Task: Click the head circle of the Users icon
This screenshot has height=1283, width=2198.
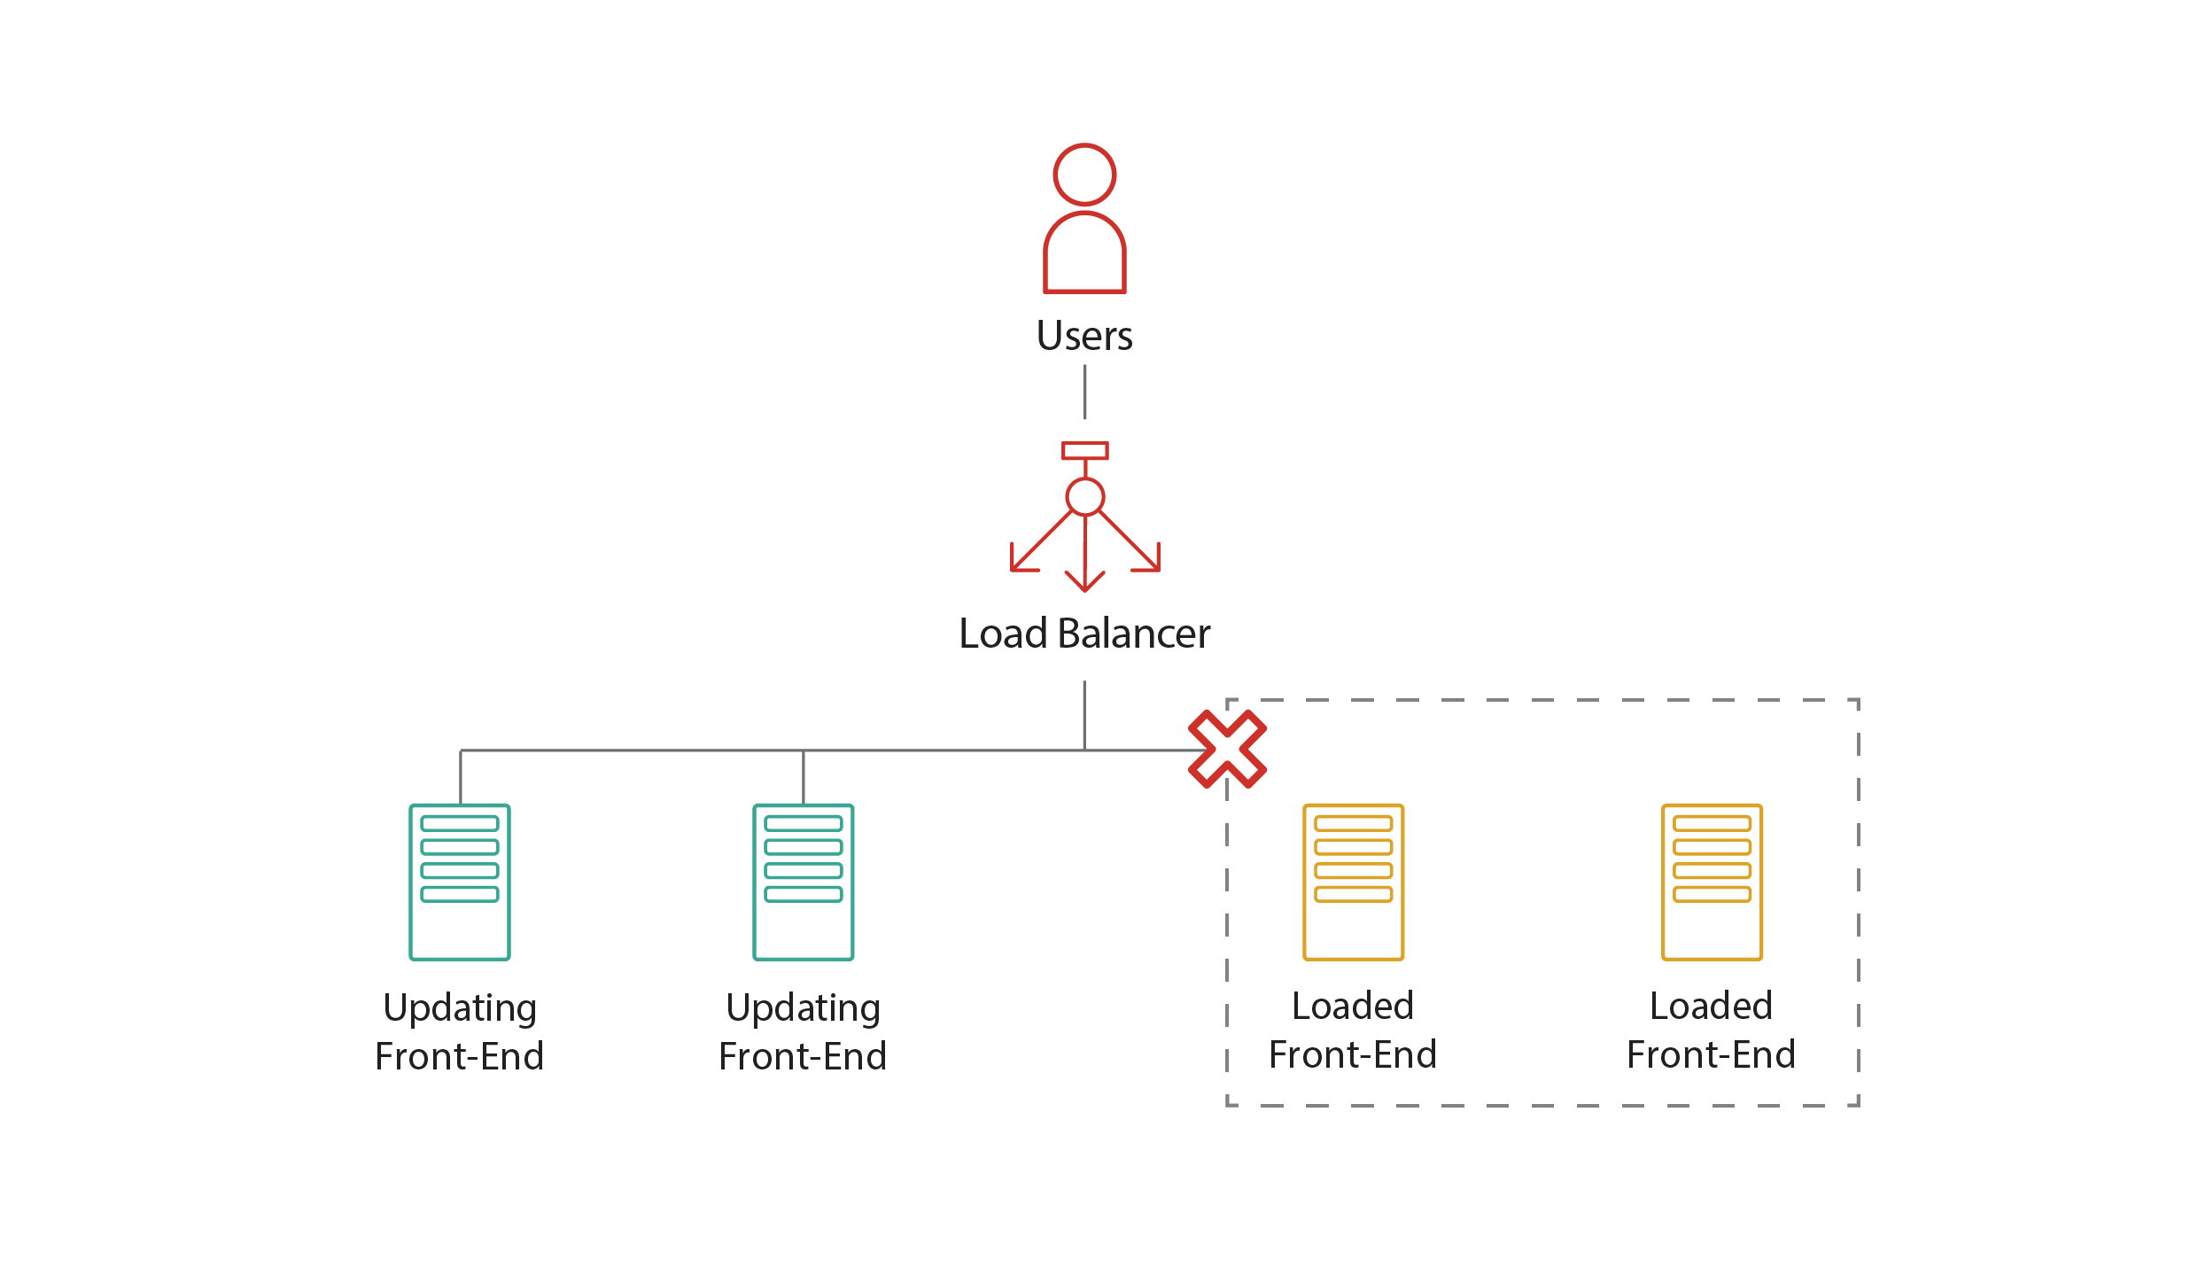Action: [1084, 175]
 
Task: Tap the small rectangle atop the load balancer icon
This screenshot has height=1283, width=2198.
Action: [1084, 450]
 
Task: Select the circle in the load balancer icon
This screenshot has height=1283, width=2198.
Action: [1084, 496]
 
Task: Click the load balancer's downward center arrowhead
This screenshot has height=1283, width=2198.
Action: [1084, 584]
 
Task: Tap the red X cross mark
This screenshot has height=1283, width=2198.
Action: [1227, 749]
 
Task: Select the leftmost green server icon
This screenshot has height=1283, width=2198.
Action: [460, 882]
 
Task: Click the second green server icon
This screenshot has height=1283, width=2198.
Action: [803, 882]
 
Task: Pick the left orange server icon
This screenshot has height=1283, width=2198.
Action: [1353, 882]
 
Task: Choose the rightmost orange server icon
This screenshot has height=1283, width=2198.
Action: [1712, 882]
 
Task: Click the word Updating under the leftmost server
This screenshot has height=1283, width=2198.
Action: [460, 1008]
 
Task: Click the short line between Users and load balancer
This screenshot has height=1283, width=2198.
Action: [1084, 392]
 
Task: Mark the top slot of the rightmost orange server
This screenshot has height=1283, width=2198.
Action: [1712, 823]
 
